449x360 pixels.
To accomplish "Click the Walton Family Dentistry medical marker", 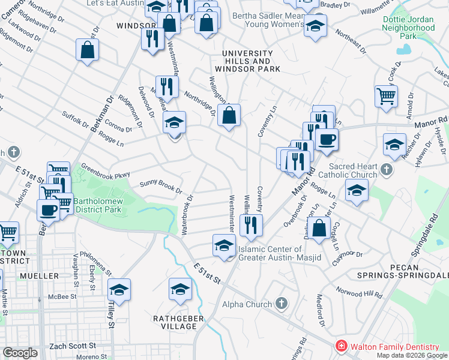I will pyautogui.click(x=341, y=346).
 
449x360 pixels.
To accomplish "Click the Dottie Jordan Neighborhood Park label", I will pyautogui.click(x=408, y=28).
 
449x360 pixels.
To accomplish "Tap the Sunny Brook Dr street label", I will pyautogui.click(x=161, y=187).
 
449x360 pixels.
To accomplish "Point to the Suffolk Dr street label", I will pyautogui.click(x=76, y=118).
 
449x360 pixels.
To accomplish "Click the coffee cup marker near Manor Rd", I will pyautogui.click(x=327, y=140).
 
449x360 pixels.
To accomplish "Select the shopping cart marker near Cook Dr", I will pyautogui.click(x=385, y=95).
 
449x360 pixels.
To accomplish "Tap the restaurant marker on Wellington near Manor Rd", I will pyautogui.click(x=250, y=225).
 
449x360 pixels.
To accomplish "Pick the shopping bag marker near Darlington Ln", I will pyautogui.click(x=319, y=228).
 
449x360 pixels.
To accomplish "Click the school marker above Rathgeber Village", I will pyautogui.click(x=180, y=289).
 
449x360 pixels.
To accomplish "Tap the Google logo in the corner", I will pyautogui.click(x=20, y=353).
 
